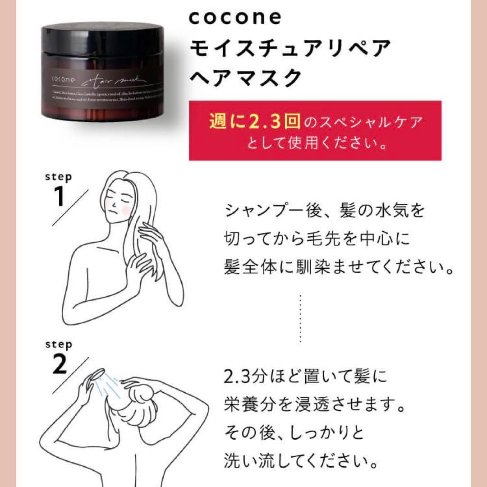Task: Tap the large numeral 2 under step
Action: [x=59, y=366]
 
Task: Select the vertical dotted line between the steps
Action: [x=300, y=318]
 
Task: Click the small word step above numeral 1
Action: [x=58, y=177]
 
